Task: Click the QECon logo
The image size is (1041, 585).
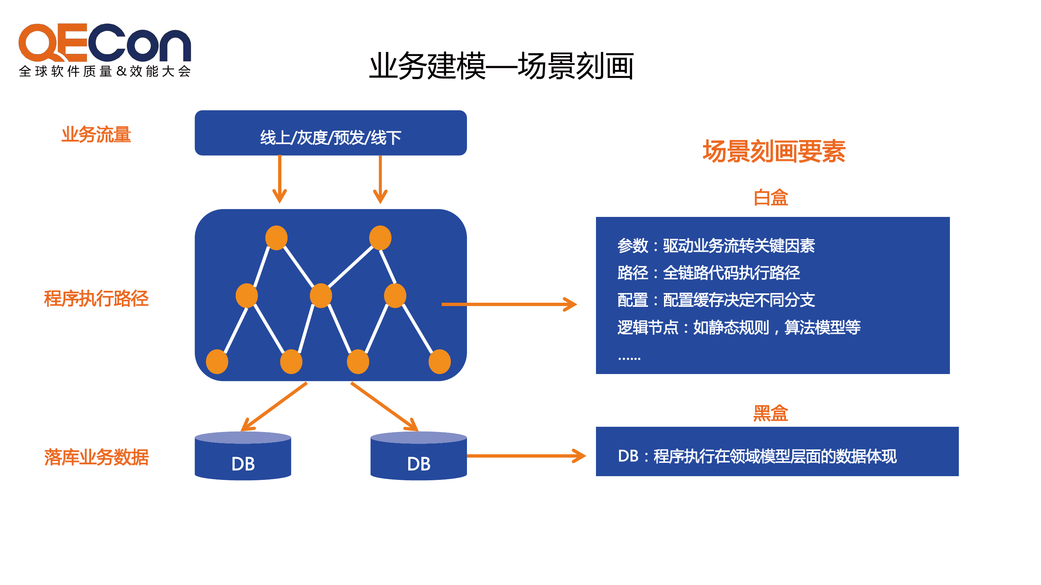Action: click(x=105, y=50)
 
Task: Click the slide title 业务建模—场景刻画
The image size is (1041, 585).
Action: click(x=501, y=66)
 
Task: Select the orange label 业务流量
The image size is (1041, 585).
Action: click(x=96, y=134)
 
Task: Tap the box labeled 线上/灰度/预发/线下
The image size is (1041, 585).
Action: click(x=331, y=133)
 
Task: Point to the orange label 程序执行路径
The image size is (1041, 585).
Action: click(x=96, y=299)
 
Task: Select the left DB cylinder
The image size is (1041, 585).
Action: click(x=243, y=456)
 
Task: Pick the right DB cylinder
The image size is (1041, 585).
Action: click(x=419, y=456)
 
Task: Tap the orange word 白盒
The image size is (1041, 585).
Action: click(x=771, y=198)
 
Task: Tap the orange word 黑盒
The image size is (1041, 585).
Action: click(x=771, y=413)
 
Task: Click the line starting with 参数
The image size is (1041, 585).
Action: click(x=716, y=246)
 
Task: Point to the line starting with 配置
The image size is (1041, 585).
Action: click(x=716, y=300)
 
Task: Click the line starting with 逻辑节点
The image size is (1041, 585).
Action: click(x=739, y=327)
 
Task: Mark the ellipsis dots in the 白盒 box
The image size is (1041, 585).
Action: click(x=629, y=358)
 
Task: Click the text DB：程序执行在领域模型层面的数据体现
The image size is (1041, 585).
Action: click(x=757, y=456)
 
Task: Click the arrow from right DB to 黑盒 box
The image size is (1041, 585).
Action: click(x=526, y=456)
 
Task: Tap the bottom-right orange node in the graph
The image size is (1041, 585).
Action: click(x=440, y=362)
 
